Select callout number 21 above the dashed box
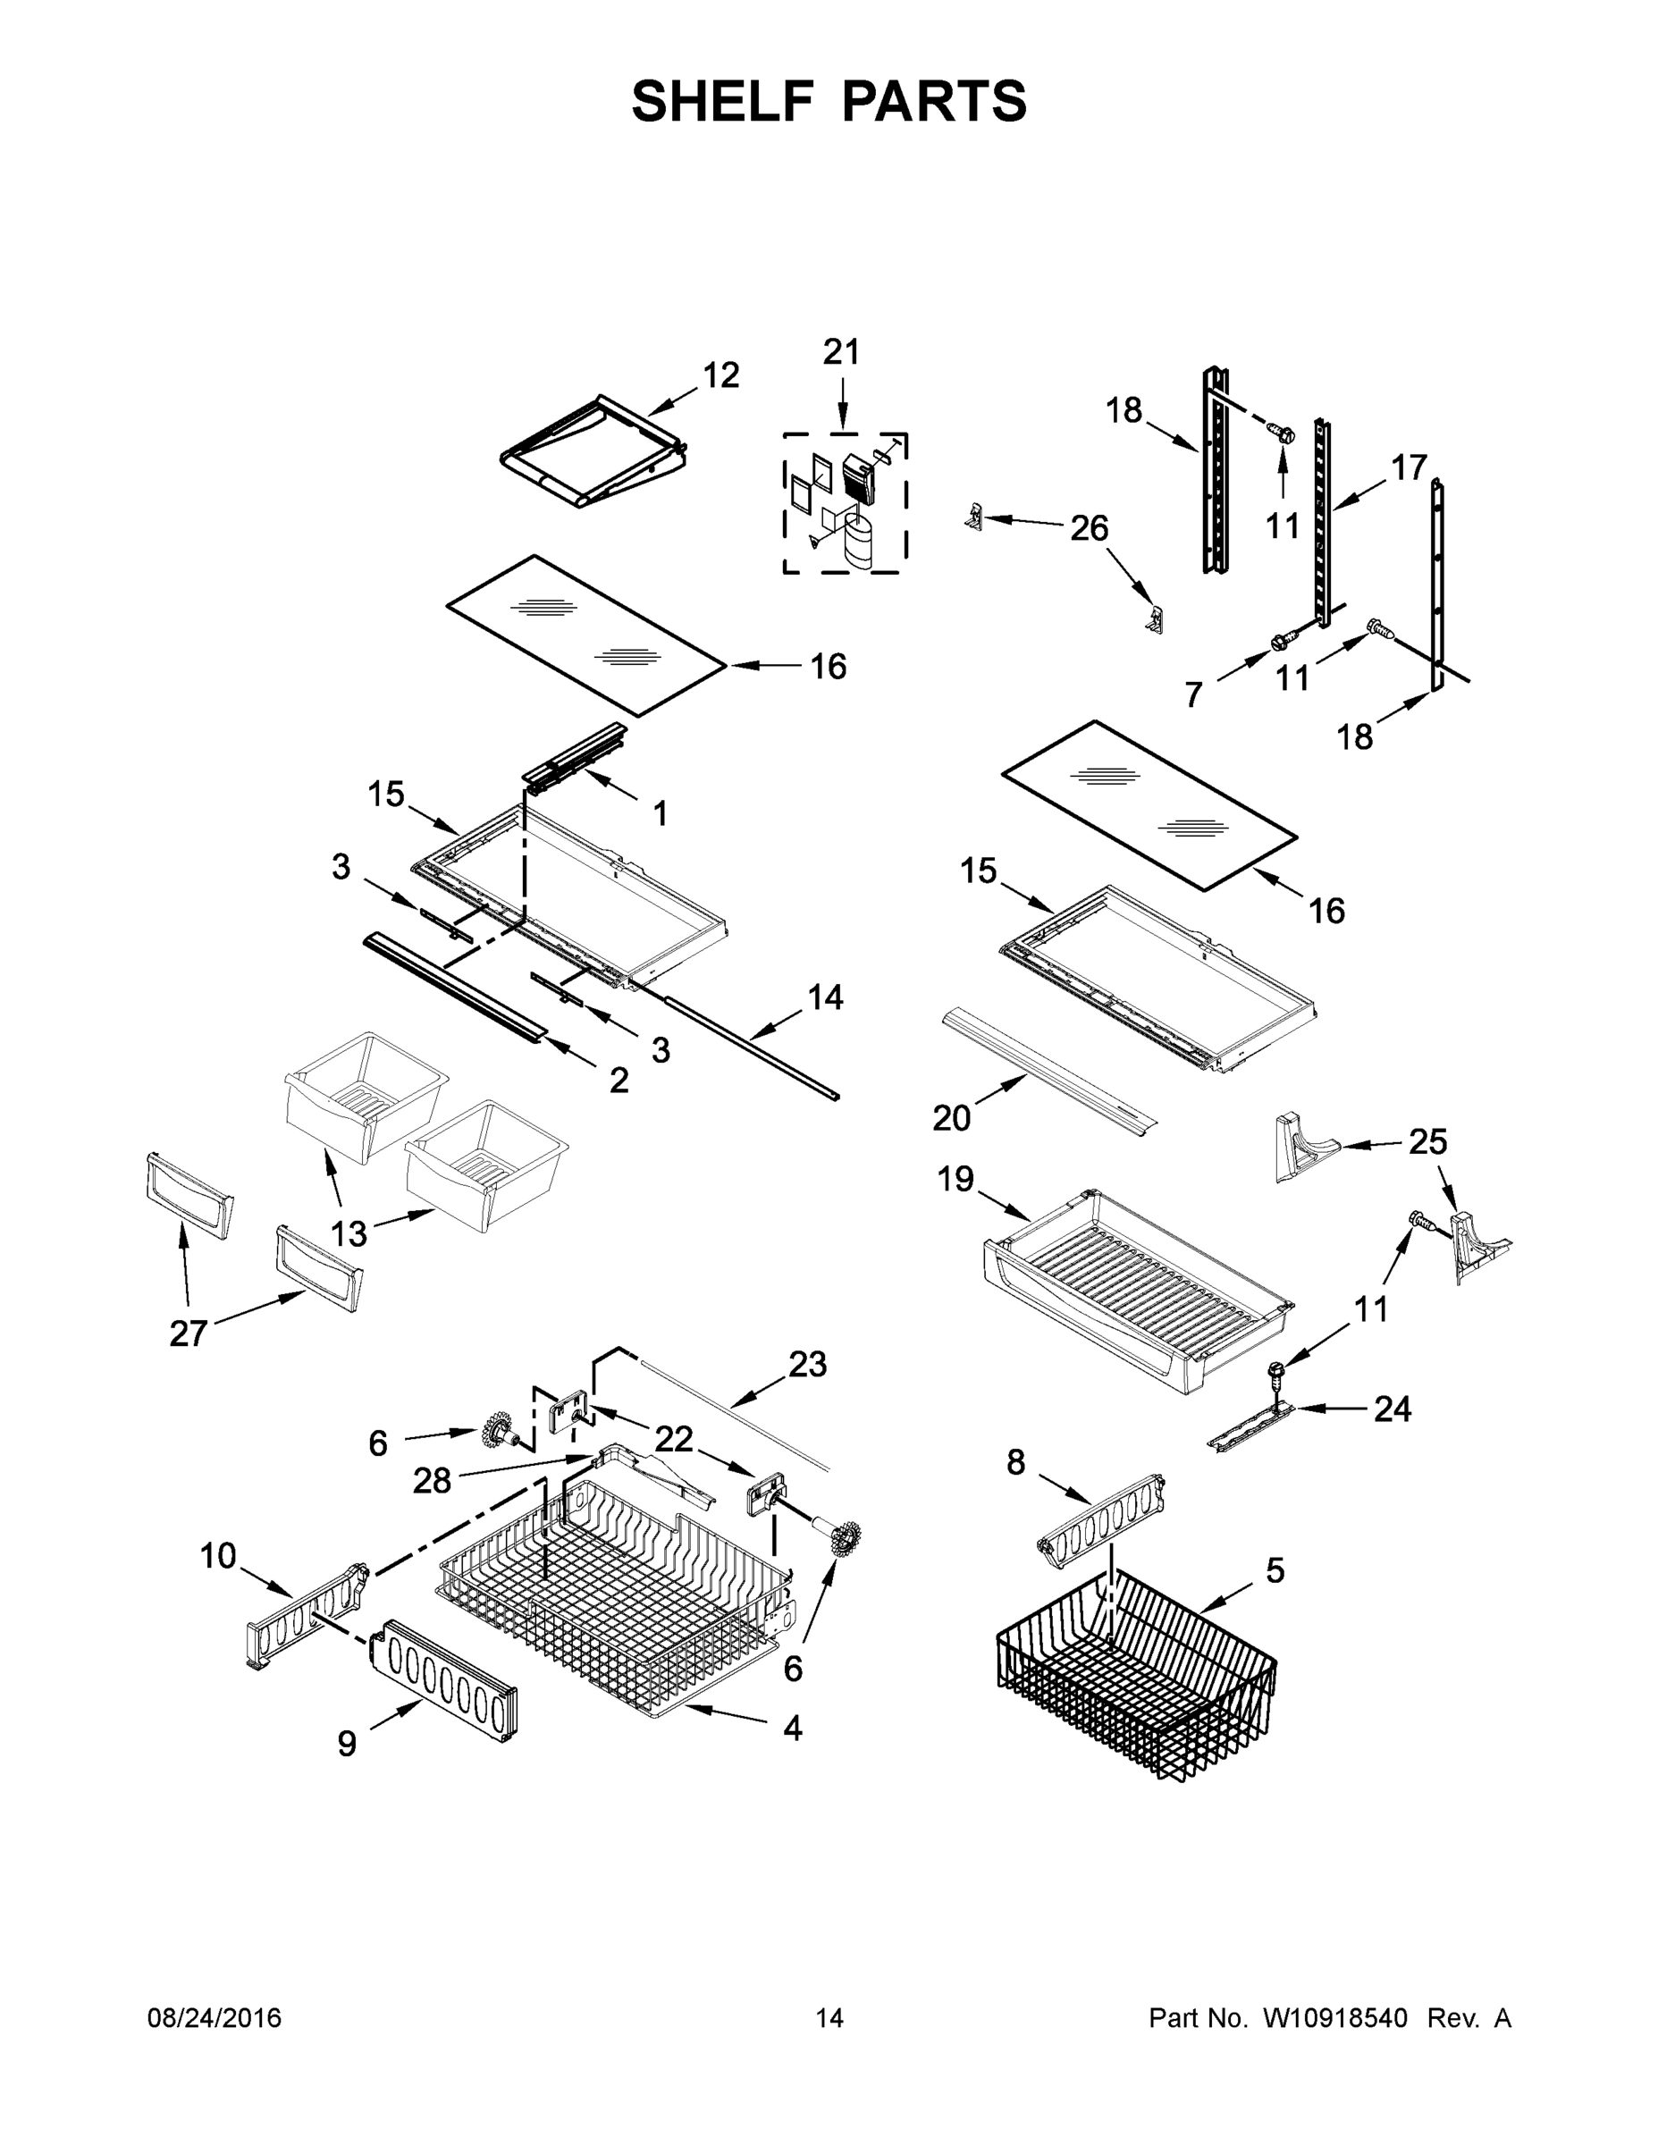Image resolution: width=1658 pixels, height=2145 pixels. pos(841,351)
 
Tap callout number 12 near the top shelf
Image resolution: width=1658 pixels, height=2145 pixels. pos(721,375)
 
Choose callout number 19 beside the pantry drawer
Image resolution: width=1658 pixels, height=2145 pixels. pos(955,1179)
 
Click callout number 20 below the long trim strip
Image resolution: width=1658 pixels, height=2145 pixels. pos(951,1118)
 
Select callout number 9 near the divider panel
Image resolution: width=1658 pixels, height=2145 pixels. pos(347,1744)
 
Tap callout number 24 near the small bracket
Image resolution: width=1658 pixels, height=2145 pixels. pos(1392,1409)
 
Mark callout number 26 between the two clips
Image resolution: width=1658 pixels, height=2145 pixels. pos(1089,528)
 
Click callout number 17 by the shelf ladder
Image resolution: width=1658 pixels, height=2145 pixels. pos(1409,467)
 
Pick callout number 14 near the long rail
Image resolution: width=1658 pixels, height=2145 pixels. pos(825,997)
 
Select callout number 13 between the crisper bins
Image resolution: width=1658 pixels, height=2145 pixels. pos(349,1232)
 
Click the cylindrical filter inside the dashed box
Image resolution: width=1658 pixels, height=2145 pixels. pos(860,546)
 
